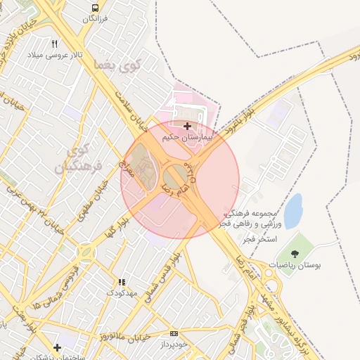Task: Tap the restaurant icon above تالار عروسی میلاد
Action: click(54, 44)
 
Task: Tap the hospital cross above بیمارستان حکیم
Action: click(187, 127)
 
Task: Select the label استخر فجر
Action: click(259, 239)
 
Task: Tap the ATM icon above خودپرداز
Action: click(174, 334)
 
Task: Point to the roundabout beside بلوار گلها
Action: click(86, 251)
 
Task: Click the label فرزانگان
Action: click(94, 18)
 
